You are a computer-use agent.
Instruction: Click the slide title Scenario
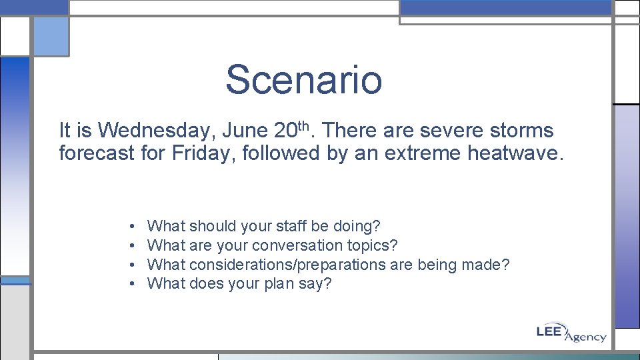pos(303,79)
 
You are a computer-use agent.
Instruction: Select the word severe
pos(449,130)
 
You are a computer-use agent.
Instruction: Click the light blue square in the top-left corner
pos(51,37)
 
